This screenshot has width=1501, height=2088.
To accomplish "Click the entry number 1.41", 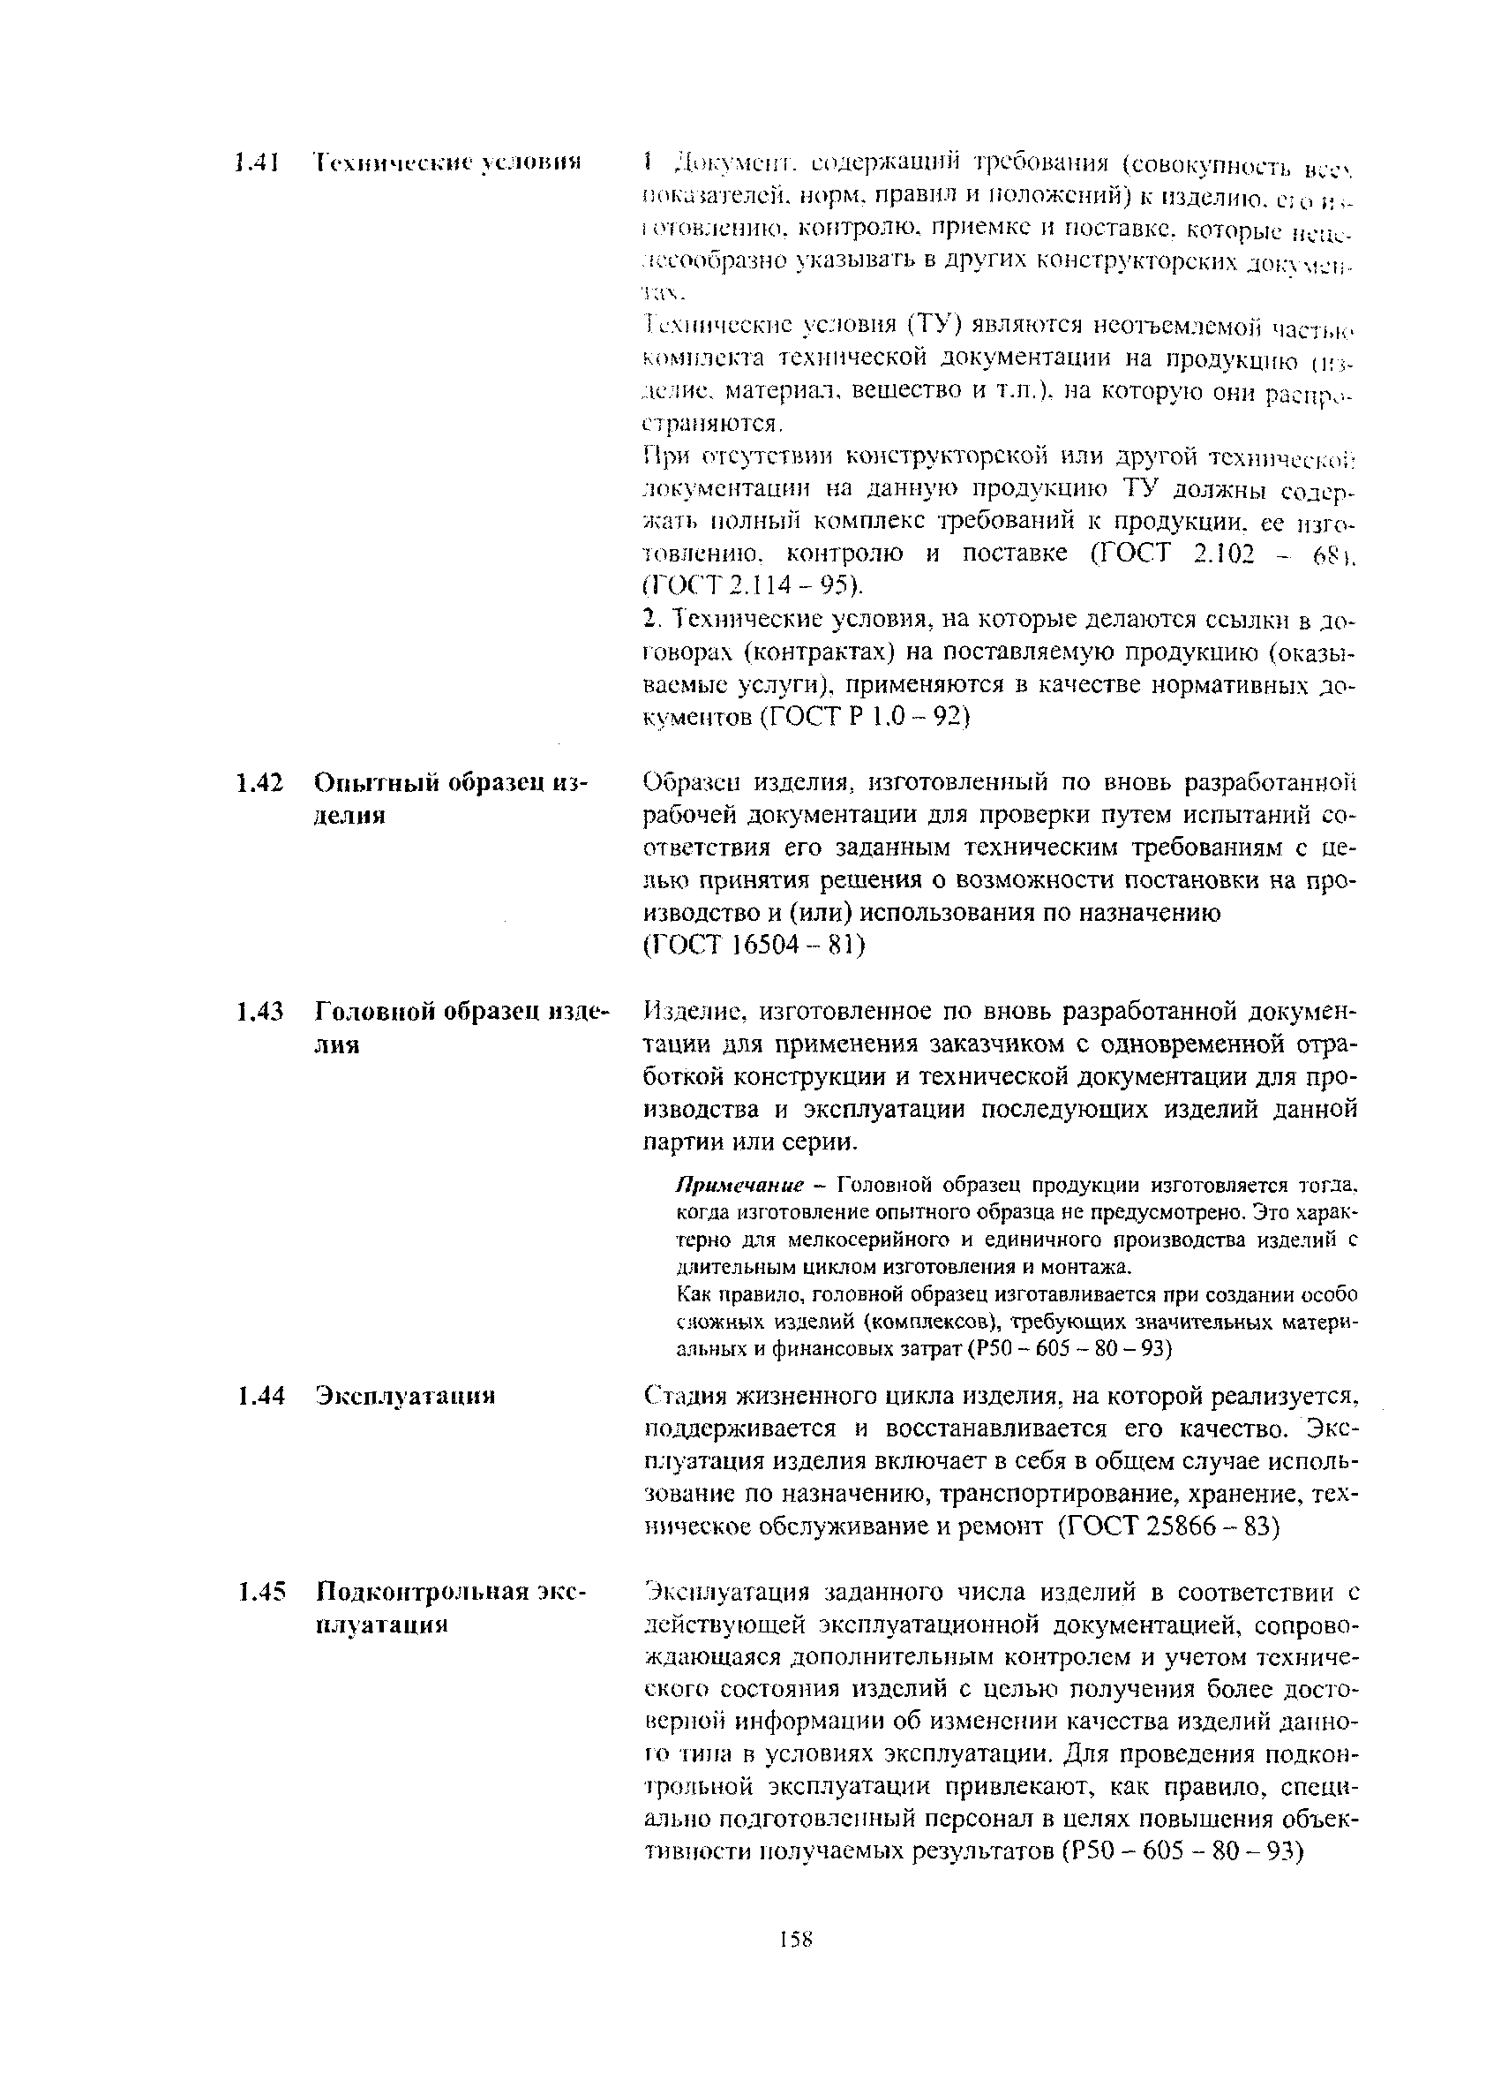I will coord(256,163).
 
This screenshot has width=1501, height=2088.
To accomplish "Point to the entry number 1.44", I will coord(258,1396).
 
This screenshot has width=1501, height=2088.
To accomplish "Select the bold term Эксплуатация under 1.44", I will coord(405,1396).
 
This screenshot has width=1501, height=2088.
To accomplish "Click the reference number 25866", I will coord(1187,1526).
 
